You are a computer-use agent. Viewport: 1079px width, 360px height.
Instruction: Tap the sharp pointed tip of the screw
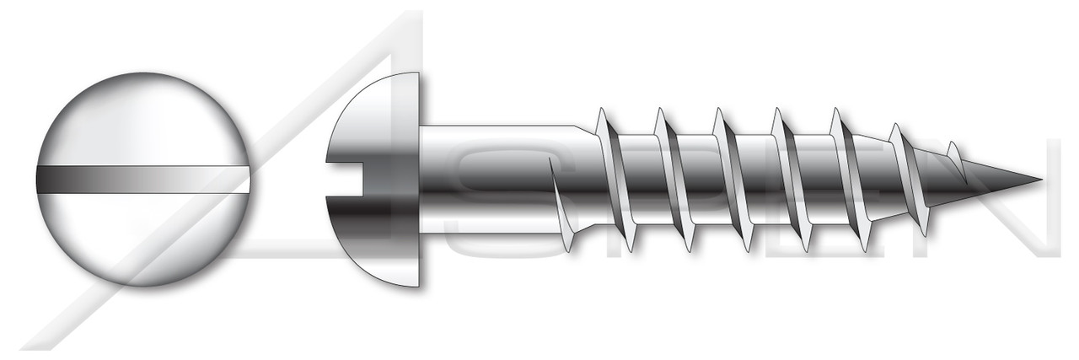(x=1033, y=179)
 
